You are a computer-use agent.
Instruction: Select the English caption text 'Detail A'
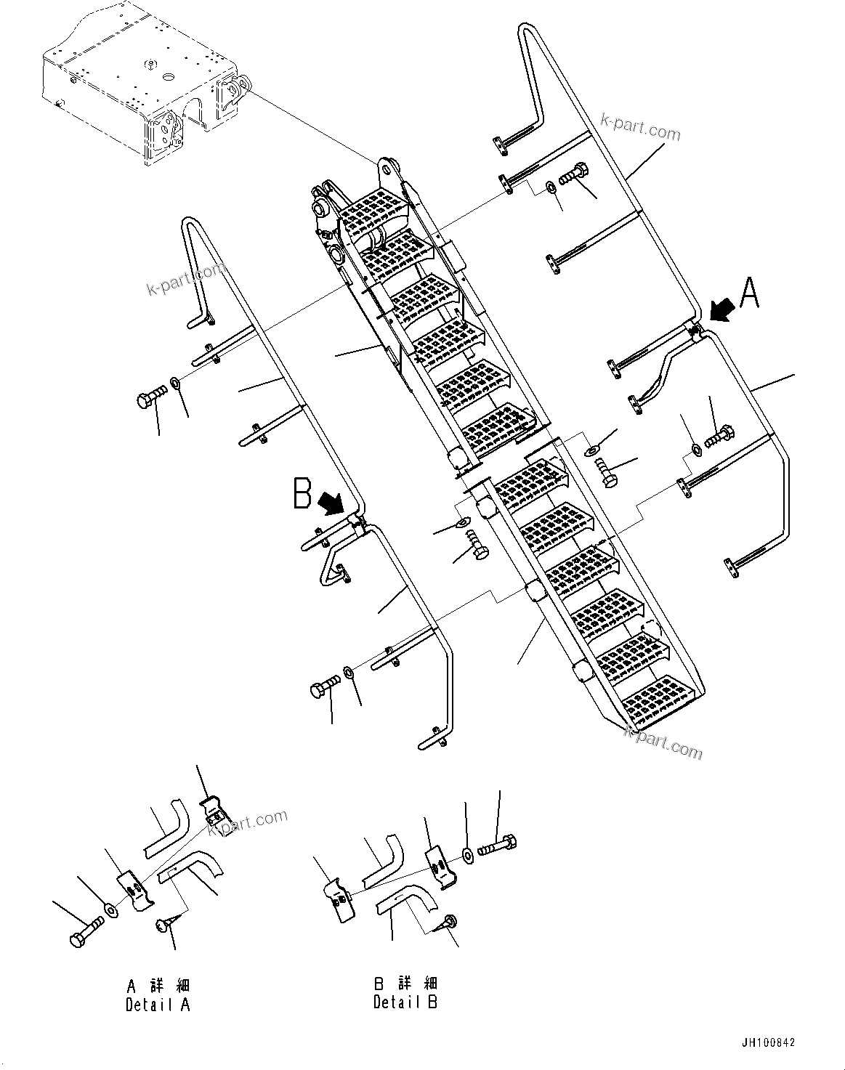[158, 1005]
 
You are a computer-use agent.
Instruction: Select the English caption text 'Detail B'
[405, 1002]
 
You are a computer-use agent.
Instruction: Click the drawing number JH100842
[768, 1042]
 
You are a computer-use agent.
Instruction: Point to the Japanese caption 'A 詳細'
[158, 986]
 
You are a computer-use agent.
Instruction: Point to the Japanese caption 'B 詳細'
[405, 984]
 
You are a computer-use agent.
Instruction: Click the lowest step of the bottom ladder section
[663, 699]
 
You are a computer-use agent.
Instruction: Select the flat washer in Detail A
[110, 909]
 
